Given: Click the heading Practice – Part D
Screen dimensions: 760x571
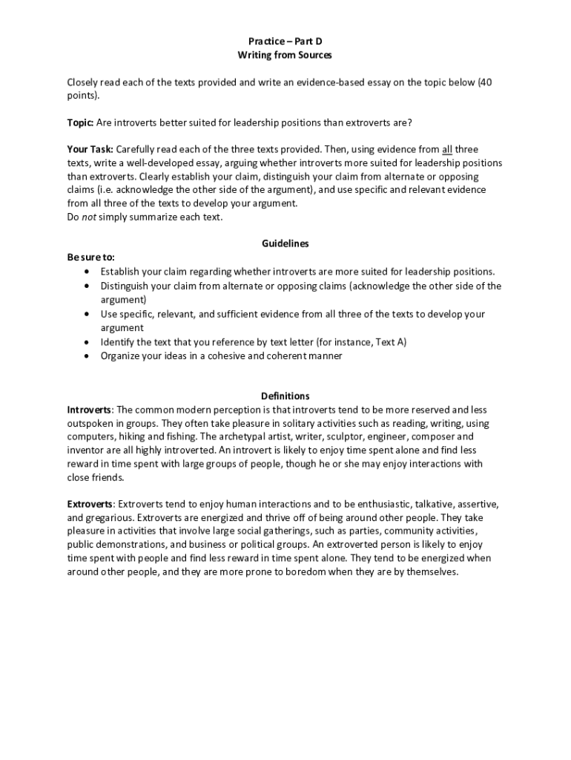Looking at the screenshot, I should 285,42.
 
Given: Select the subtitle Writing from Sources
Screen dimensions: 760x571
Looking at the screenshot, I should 285,56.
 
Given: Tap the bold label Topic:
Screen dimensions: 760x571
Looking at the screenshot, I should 80,122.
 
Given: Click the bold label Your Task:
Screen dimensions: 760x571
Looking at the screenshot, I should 90,149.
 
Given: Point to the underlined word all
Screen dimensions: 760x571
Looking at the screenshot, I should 446,149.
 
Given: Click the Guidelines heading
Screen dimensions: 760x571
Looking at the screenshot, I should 285,243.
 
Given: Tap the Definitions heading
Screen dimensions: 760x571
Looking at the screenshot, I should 285,396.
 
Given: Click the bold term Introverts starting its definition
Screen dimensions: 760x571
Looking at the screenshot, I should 89,410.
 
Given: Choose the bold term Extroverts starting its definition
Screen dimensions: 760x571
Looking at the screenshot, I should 90,504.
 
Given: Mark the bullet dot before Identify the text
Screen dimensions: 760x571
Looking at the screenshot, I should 88,342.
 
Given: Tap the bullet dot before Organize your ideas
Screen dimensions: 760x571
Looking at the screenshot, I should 88,356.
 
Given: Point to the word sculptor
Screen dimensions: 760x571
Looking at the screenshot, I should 330,436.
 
